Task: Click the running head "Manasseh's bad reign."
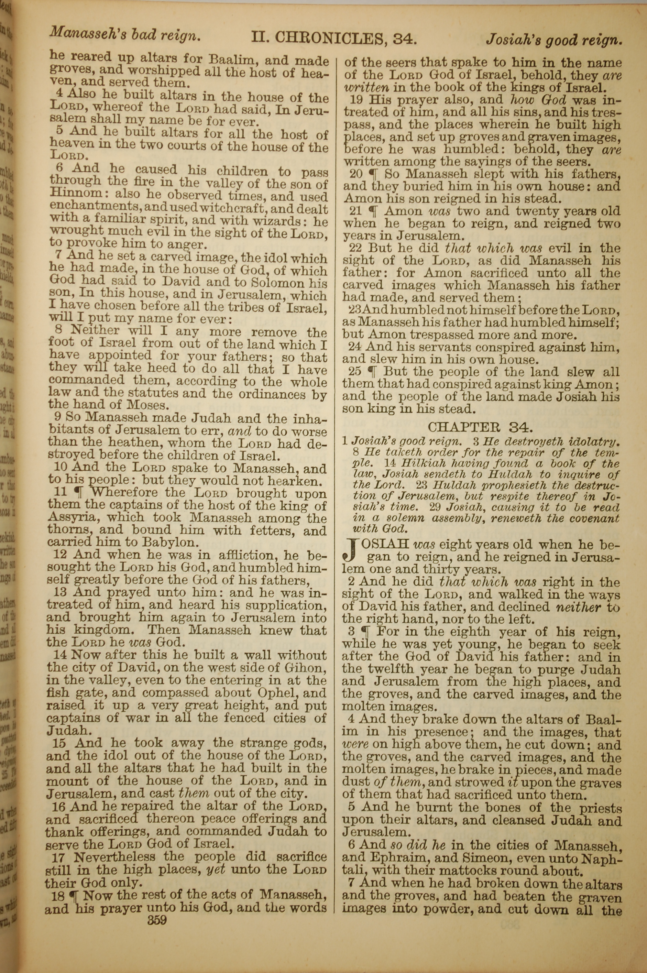coord(125,35)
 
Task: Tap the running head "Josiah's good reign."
coord(553,40)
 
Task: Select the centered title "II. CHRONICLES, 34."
coord(334,38)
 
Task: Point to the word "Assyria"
coord(75,517)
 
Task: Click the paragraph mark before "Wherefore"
coord(82,492)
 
